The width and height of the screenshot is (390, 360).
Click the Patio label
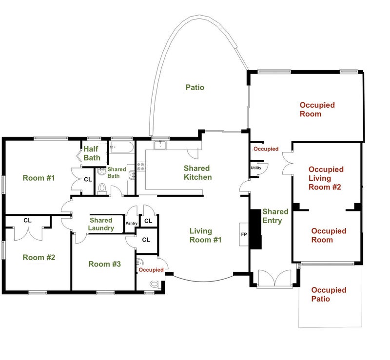click(x=195, y=87)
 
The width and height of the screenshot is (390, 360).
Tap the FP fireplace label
click(x=244, y=234)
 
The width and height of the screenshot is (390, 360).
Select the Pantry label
click(x=131, y=223)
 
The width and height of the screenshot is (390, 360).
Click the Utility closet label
click(x=256, y=168)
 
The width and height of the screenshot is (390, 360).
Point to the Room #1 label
click(x=39, y=178)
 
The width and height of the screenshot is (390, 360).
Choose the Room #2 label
click(x=39, y=257)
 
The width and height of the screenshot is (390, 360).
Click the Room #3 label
click(x=104, y=264)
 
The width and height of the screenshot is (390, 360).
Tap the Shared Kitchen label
click(x=198, y=172)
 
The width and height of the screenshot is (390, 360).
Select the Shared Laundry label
click(x=101, y=224)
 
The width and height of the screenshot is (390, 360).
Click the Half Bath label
click(x=92, y=153)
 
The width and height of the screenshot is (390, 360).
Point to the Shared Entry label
click(x=275, y=216)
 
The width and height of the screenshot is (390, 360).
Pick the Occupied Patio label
click(x=329, y=294)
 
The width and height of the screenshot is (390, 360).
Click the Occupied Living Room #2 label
click(x=326, y=178)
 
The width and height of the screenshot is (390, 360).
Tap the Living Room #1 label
click(x=205, y=235)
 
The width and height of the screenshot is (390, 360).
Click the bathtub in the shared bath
click(x=121, y=148)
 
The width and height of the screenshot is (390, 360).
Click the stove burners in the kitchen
click(x=141, y=167)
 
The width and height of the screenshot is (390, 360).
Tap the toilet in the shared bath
click(x=102, y=189)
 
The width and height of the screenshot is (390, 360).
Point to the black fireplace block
click(x=255, y=229)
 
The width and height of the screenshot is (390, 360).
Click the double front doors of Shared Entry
click(x=274, y=279)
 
